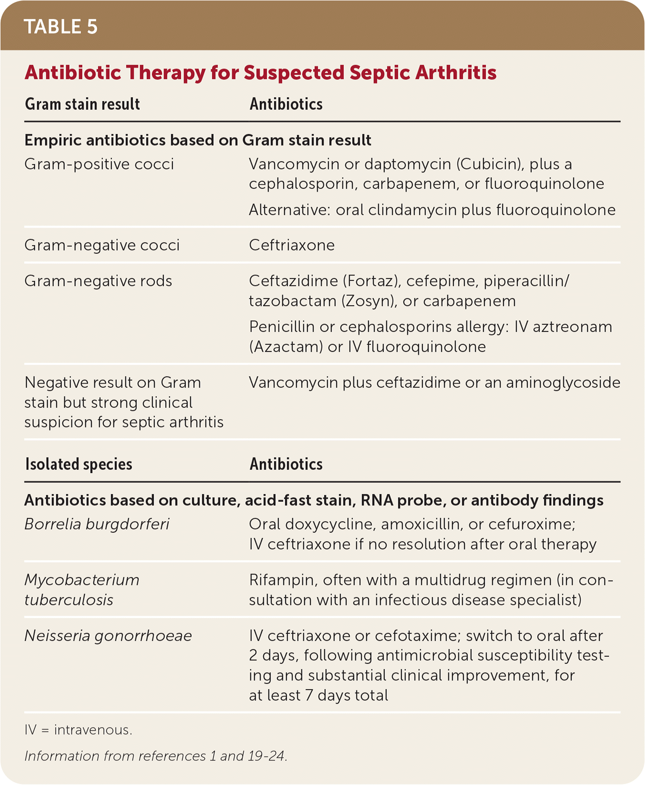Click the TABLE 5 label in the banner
(x=61, y=27)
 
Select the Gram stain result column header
(x=82, y=104)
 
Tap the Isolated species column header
(x=79, y=464)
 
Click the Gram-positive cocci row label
(x=99, y=164)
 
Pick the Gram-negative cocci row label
(x=102, y=245)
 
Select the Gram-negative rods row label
(x=98, y=281)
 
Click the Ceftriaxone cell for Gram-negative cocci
(x=291, y=245)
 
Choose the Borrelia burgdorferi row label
(x=97, y=524)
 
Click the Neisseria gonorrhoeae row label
(x=108, y=636)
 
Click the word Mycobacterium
(x=82, y=580)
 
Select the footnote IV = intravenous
(x=78, y=730)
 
